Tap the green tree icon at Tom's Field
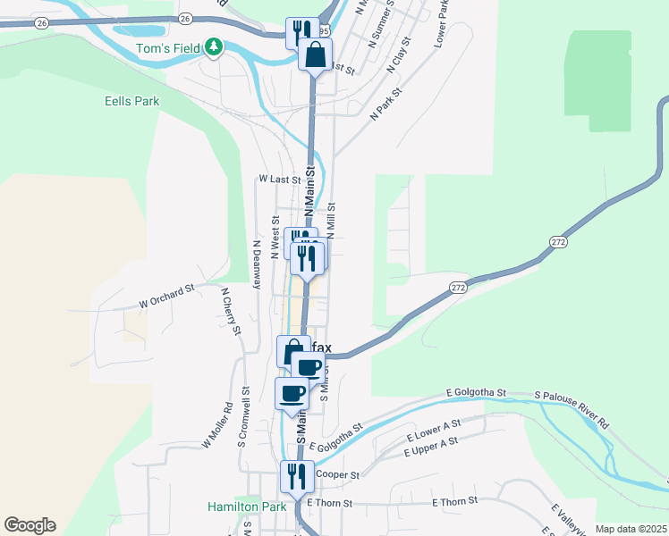coord(213,46)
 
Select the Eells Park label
coord(131,101)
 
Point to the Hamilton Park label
coord(247,506)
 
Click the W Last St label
coord(279,180)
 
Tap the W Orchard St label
coord(166,297)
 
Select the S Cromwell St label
coord(242,417)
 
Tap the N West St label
coord(275,237)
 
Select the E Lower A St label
coord(434,429)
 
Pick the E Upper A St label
coord(431,446)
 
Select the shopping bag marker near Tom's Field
coord(315,54)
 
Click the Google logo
coord(30,525)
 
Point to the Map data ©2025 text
coord(631,529)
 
